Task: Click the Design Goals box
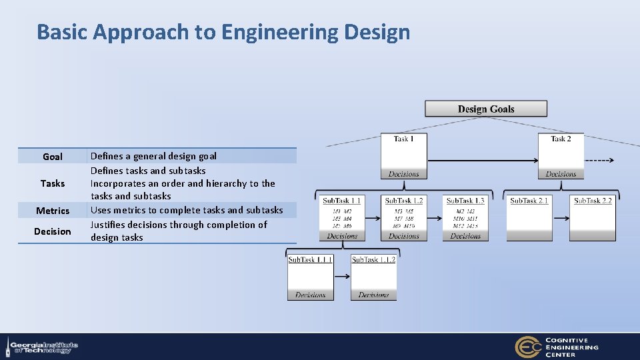486,109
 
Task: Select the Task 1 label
403,139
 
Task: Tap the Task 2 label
561,139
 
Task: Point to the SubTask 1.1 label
342,201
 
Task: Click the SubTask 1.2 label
404,201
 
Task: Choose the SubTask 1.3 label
465,201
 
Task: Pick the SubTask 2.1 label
529,201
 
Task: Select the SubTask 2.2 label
593,201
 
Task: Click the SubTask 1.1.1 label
310,259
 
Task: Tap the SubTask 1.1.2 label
373,259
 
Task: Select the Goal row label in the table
53,157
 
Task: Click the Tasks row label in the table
53,183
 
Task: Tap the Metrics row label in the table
53,211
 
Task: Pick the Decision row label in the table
53,231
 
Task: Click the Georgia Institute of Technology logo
41,347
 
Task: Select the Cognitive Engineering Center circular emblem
527,347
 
